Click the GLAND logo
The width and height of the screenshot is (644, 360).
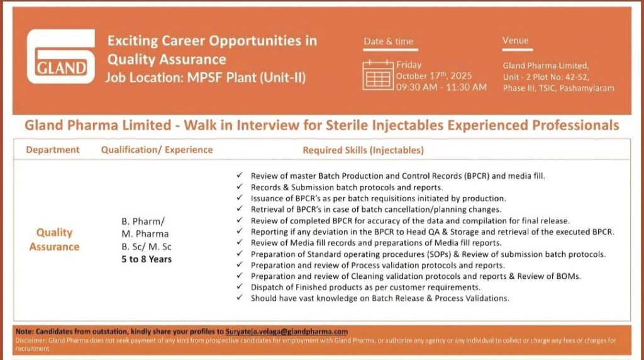tap(61, 56)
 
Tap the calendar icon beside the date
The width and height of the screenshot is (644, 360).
tap(378, 75)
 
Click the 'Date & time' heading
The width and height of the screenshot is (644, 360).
tap(389, 41)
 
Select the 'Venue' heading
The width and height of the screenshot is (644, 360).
tap(516, 40)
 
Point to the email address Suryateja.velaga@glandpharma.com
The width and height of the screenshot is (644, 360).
tap(287, 331)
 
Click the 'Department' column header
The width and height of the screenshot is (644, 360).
tap(53, 150)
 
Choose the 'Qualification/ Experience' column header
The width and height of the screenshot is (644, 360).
tap(157, 150)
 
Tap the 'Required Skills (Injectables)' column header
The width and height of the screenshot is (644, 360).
tap(363, 150)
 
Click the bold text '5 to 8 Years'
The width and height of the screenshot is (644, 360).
tap(147, 259)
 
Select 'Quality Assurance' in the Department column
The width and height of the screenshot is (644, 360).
tap(54, 240)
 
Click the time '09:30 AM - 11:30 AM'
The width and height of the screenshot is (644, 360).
tap(441, 87)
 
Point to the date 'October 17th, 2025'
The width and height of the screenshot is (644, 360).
tap(434, 76)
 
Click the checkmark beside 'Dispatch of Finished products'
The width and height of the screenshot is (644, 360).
tap(240, 286)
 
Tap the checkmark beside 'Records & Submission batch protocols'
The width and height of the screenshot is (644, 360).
tap(240, 186)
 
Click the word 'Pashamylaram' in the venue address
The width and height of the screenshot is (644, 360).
tap(587, 88)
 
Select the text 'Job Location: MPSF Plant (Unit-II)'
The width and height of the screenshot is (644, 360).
tap(206, 77)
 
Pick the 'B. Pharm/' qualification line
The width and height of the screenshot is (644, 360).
tap(143, 222)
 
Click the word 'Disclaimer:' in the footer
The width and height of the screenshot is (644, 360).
tap(31, 340)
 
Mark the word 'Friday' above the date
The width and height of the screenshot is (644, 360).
tap(409, 65)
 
